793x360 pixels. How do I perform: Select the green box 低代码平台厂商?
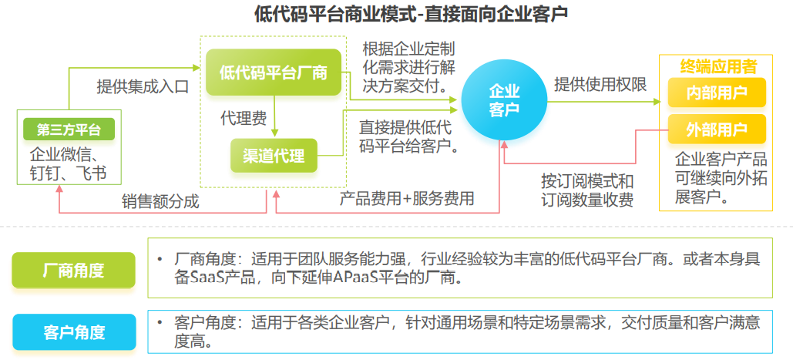pos(274,73)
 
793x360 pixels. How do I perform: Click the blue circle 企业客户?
pos(504,101)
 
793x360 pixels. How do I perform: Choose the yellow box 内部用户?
pos(717,94)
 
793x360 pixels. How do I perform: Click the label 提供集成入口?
pos(143,86)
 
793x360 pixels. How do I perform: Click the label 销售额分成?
pos(160,202)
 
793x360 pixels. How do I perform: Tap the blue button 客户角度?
pos(74,332)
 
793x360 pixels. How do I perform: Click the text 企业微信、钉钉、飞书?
pos(69,163)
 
